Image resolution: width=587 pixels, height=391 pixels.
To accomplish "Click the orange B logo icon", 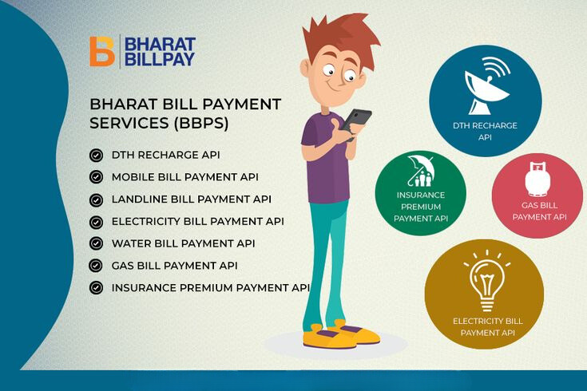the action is (x=102, y=52).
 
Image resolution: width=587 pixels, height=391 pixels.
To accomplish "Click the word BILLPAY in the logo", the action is (x=160, y=59).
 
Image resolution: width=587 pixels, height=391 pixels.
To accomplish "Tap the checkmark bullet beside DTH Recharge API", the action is (x=96, y=155).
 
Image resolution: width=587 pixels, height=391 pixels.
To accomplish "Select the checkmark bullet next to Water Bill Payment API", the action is (x=96, y=243).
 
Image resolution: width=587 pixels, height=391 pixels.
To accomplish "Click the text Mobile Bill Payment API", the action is (x=185, y=177).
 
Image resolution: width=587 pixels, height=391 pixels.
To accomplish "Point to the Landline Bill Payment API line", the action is (x=192, y=199).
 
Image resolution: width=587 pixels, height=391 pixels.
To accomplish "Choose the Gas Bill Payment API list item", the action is (x=174, y=266).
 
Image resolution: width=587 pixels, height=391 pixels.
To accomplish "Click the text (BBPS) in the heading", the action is (x=200, y=123).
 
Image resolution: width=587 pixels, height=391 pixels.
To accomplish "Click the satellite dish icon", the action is (x=486, y=87).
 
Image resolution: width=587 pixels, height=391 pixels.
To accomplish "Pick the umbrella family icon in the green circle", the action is (x=421, y=171).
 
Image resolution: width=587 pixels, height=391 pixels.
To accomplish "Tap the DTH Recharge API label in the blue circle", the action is (x=485, y=132).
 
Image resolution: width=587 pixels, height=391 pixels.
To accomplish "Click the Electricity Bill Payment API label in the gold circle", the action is (x=488, y=326).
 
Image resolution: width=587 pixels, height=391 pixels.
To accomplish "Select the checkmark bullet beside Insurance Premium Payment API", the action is (x=96, y=288).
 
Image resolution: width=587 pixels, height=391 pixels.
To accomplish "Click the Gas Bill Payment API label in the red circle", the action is (x=539, y=211).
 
